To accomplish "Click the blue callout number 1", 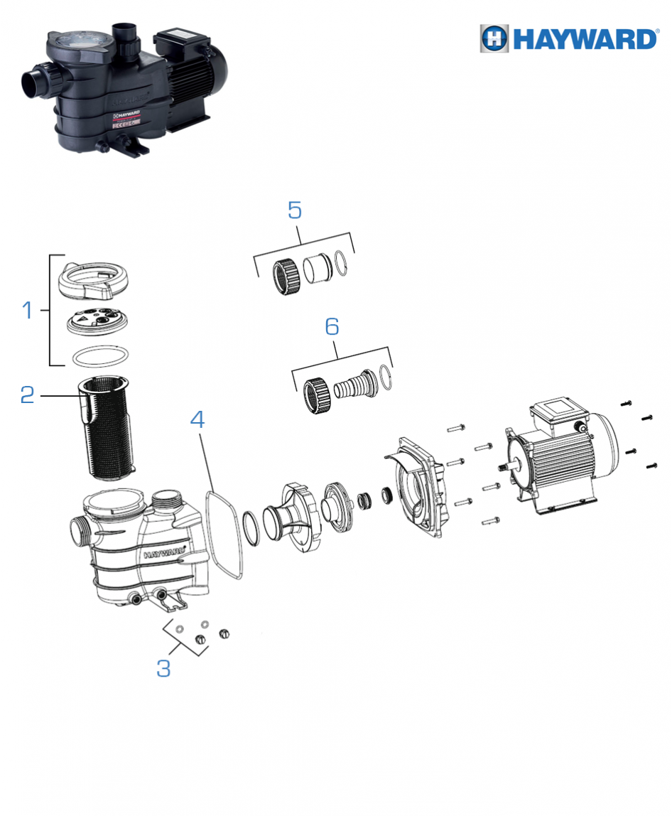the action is [x=28, y=310].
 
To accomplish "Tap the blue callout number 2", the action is [x=27, y=395].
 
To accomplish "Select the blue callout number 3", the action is [x=163, y=668].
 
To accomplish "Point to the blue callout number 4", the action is [x=197, y=419].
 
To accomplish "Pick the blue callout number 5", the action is [x=295, y=210].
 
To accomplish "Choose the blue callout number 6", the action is [x=332, y=326].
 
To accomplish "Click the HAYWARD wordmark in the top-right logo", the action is [x=585, y=40].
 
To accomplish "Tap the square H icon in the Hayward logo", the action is [x=494, y=38].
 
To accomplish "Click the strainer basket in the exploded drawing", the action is [x=107, y=429].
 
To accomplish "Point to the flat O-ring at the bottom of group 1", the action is [x=100, y=357].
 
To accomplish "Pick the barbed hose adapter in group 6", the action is [x=357, y=386].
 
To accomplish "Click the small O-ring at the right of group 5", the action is [x=340, y=264].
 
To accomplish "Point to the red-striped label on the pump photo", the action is [x=126, y=120].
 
